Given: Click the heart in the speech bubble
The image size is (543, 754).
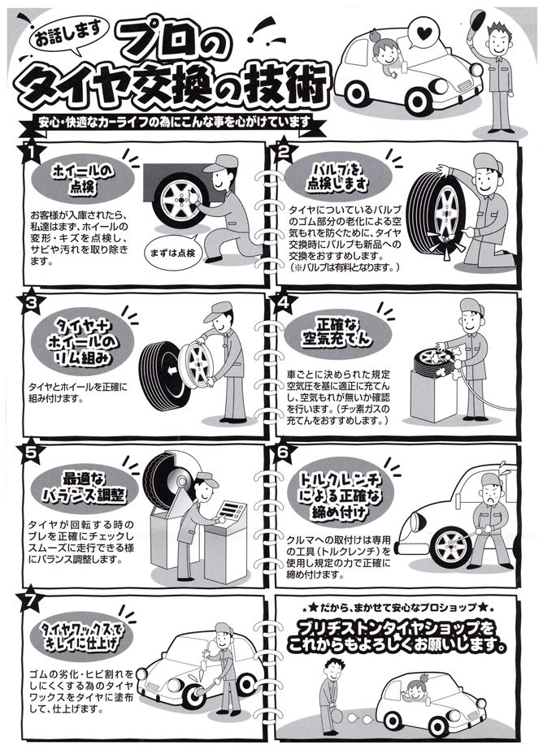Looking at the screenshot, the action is click(x=423, y=33).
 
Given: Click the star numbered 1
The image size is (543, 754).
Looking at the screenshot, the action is click(x=30, y=150).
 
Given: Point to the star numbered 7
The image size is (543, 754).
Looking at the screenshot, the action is click(x=30, y=600).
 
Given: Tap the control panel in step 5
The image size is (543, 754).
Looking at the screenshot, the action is click(x=232, y=510).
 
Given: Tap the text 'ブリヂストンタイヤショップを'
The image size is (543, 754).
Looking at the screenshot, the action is click(x=396, y=628).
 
